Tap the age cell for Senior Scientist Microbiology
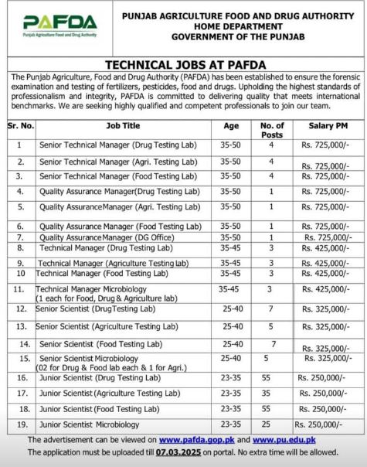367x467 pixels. (x=230, y=359)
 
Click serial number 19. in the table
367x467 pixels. (x=22, y=424)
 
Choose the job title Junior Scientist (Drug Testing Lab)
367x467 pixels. (x=100, y=377)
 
